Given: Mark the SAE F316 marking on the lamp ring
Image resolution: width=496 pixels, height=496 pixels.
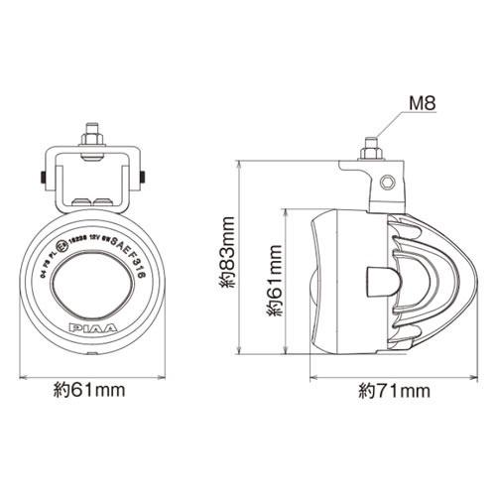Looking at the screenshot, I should pyautogui.click(x=128, y=259).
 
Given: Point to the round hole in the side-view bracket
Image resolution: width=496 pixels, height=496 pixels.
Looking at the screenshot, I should pyautogui.click(x=388, y=184).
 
